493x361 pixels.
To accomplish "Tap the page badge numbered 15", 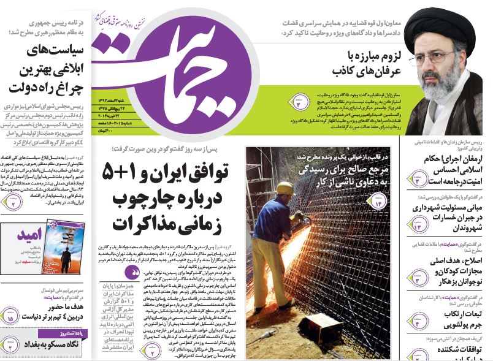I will point(11,318).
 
